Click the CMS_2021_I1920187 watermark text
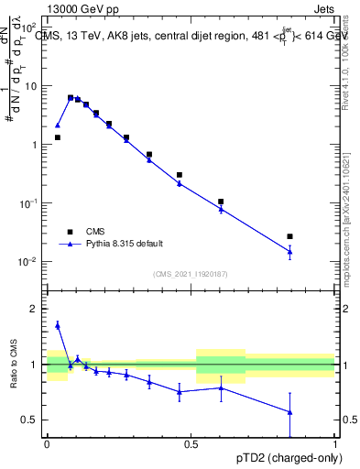click(190, 273)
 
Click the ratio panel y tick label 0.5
click(30, 420)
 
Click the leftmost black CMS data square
click(57, 137)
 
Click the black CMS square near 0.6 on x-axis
click(221, 202)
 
